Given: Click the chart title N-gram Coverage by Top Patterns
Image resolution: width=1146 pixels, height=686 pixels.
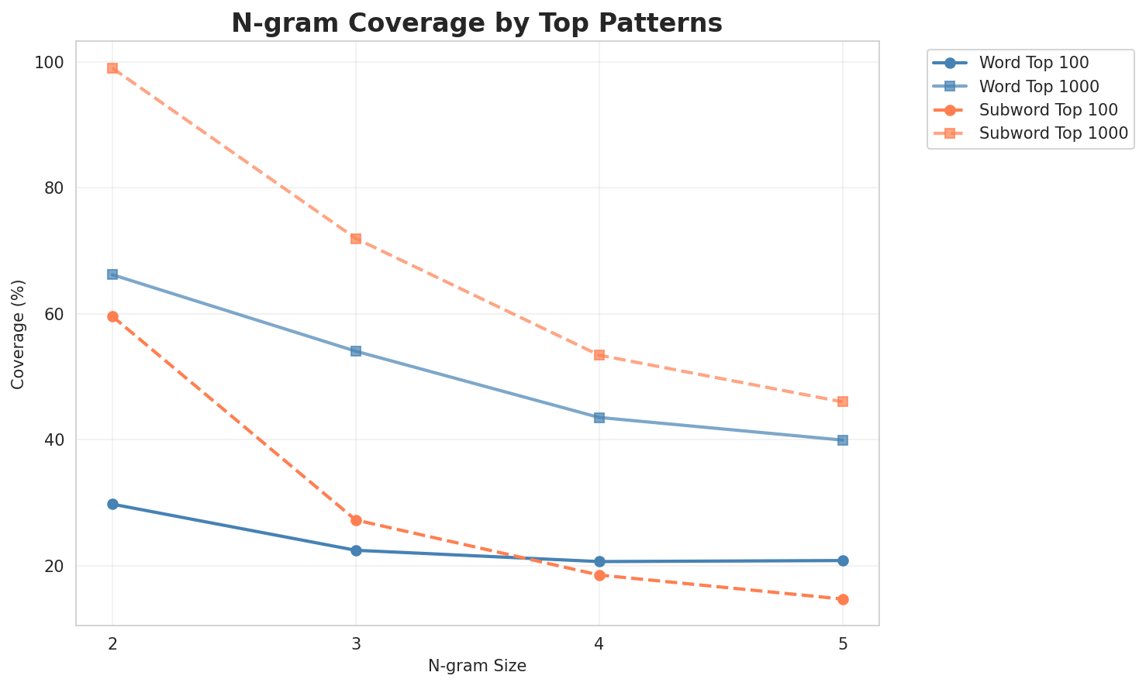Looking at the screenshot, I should tap(477, 23).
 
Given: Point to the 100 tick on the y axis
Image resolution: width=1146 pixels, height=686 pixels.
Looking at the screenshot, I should tap(53, 62).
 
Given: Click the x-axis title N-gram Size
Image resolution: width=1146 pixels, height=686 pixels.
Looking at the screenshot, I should tap(477, 666).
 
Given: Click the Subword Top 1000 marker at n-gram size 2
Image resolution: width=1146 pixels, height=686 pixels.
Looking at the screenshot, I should tap(112, 68).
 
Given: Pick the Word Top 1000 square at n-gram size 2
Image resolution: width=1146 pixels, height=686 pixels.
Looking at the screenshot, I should tap(112, 274).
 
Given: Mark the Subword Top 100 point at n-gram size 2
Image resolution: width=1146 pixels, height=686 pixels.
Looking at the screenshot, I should tap(112, 316).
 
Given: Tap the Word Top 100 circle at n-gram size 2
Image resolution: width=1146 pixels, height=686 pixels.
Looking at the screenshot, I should tap(112, 504).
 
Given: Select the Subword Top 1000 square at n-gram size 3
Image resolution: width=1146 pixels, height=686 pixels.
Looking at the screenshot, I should tap(356, 239).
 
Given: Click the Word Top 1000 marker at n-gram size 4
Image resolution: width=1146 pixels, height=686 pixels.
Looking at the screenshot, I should tap(599, 417).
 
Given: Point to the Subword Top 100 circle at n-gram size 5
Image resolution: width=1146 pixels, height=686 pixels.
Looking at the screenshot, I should tap(843, 599).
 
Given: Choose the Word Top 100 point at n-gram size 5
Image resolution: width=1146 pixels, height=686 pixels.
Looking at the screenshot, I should tap(843, 560).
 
